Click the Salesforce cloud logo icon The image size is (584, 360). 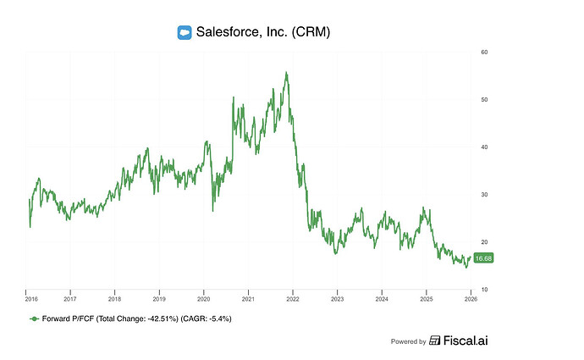click(x=185, y=33)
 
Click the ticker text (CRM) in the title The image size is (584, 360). click(x=308, y=33)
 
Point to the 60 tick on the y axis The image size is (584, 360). click(x=484, y=53)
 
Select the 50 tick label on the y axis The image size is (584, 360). click(x=484, y=100)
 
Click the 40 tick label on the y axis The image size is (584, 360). click(x=484, y=147)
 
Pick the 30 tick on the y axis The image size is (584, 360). click(x=484, y=195)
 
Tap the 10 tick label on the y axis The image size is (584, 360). click(x=484, y=290)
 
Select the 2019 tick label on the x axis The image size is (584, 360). click(x=159, y=299)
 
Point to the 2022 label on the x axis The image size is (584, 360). click(x=293, y=299)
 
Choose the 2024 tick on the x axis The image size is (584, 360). click(x=382, y=299)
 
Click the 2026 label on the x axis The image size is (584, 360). click(x=471, y=299)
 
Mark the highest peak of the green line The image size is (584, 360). click(x=286, y=73)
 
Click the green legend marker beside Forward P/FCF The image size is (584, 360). click(x=34, y=319)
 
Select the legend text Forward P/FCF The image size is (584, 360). click(x=69, y=319)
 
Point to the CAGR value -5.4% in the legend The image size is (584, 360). click(x=218, y=319)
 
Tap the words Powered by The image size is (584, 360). click(x=408, y=342)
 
